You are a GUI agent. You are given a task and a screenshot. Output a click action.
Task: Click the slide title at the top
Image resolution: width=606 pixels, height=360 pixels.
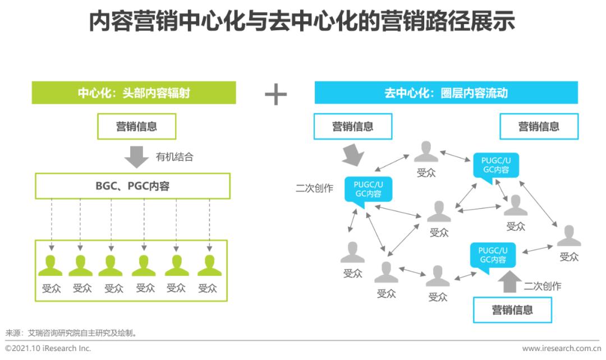(x=302, y=21)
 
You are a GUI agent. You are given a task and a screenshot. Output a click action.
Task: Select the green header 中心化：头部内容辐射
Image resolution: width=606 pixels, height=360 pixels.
(x=134, y=93)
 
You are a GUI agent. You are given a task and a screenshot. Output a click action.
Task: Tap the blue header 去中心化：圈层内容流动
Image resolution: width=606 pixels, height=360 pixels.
(x=446, y=93)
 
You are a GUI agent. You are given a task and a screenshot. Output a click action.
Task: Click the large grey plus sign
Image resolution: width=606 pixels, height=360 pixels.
(x=276, y=94)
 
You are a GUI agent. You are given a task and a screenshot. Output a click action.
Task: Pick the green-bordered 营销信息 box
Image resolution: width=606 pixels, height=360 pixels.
(x=136, y=126)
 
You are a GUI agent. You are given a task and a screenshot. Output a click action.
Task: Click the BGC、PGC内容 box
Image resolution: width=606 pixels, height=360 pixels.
(x=132, y=186)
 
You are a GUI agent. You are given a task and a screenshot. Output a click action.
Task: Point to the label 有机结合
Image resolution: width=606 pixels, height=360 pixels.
(x=175, y=157)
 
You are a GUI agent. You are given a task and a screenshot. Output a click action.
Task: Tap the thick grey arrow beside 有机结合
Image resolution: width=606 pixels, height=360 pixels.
(x=136, y=157)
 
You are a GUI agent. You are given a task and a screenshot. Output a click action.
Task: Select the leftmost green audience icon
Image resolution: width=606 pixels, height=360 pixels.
(x=50, y=266)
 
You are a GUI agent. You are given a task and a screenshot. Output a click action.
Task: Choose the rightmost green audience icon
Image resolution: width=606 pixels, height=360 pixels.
(x=209, y=266)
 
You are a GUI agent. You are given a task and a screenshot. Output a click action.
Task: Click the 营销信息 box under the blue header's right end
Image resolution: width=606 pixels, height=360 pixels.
(x=539, y=126)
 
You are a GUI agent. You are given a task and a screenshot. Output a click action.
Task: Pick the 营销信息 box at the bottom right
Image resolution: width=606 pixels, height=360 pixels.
(x=512, y=310)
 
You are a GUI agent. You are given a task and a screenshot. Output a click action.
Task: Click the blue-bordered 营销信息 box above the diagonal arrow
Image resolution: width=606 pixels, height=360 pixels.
(x=353, y=126)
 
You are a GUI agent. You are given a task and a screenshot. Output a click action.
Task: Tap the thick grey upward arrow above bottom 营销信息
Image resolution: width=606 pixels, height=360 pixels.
(x=509, y=281)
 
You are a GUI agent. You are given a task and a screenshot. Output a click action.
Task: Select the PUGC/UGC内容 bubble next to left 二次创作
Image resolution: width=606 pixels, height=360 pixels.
(x=368, y=190)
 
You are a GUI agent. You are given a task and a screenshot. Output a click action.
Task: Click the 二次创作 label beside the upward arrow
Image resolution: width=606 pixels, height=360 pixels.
(x=542, y=286)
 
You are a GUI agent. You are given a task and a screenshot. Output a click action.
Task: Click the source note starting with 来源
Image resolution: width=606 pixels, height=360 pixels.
(x=71, y=333)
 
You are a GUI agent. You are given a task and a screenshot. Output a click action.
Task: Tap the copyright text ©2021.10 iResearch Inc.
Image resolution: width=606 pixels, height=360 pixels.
(x=48, y=348)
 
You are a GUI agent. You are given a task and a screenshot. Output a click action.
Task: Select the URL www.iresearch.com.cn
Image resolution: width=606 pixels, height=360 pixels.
(x=561, y=348)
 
